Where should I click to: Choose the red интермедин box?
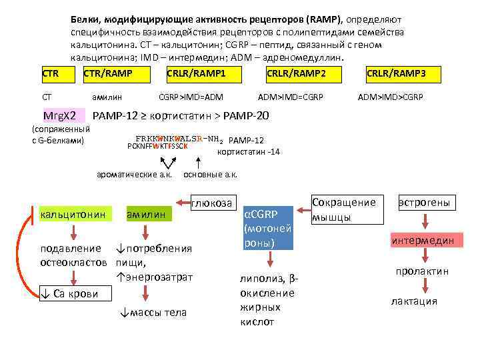click(x=423, y=241)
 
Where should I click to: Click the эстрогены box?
click(x=424, y=202)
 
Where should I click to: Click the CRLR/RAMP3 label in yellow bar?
click(x=396, y=73)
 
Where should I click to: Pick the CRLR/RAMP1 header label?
click(x=196, y=73)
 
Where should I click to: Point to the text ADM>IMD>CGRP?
click(x=390, y=97)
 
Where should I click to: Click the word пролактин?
click(x=422, y=271)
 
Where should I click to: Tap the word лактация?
click(x=414, y=301)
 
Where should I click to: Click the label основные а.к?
click(x=210, y=175)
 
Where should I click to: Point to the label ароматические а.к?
click(x=135, y=175)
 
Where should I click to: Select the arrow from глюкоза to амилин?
click(x=184, y=201)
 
